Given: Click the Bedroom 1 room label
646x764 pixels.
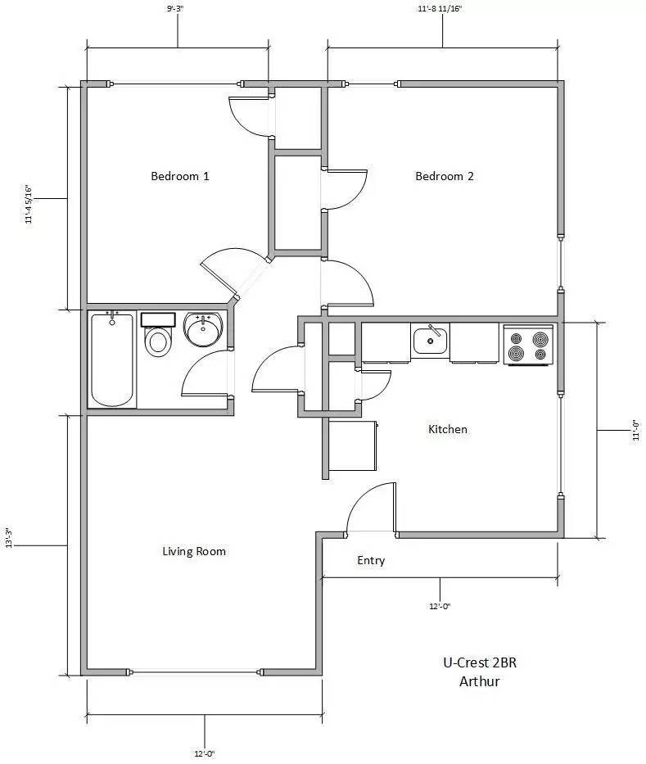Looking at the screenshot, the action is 180,176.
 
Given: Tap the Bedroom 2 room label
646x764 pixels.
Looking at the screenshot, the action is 445,176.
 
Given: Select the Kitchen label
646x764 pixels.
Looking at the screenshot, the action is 448,429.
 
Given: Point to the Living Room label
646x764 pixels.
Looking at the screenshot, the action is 194,552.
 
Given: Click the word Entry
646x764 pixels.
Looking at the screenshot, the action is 371,560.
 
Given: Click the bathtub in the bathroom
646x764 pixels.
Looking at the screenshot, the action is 112,359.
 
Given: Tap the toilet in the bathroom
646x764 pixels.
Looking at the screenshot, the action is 158,335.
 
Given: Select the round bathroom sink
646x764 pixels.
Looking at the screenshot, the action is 203,329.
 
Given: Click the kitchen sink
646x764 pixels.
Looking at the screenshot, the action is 430,340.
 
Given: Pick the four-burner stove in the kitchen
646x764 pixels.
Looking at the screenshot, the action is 529,346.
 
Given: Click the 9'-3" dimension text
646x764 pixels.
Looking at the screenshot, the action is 175,8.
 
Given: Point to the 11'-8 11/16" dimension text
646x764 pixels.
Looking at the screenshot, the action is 440,8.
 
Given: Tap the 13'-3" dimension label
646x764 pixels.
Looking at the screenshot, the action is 9,538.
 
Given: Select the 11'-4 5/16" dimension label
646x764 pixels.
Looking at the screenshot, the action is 29,204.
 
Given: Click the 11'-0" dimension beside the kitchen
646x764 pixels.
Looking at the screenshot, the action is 636,430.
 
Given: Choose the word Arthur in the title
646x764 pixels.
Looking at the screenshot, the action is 480,681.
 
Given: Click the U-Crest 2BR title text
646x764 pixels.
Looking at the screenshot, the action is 480,662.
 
